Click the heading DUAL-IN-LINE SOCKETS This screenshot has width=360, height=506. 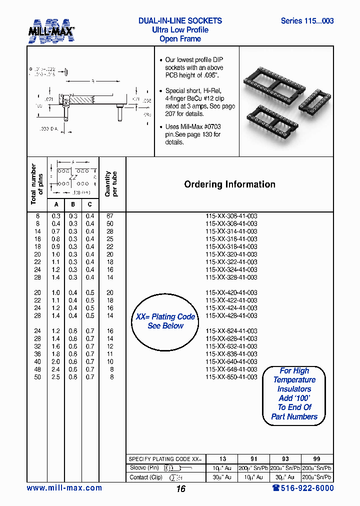(x=180, y=21)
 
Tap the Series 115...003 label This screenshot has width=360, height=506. (x=307, y=21)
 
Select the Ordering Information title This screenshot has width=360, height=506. (x=229, y=184)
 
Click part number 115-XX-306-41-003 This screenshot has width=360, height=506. (x=231, y=216)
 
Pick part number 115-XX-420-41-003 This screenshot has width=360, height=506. (x=231, y=293)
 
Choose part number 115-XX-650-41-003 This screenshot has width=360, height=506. (x=231, y=377)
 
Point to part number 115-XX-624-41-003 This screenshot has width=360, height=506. (x=231, y=331)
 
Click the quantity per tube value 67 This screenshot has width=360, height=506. (x=110, y=216)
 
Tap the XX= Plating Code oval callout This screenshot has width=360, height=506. (x=165, y=321)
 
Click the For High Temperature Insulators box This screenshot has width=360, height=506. (x=294, y=394)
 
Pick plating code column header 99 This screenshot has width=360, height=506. (x=317, y=459)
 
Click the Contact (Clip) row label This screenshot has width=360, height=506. (x=146, y=477)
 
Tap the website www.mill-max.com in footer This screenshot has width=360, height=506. (x=64, y=488)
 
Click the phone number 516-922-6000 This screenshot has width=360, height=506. (x=299, y=488)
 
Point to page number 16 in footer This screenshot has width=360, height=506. (x=180, y=488)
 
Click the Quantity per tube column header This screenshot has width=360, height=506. (x=111, y=184)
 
